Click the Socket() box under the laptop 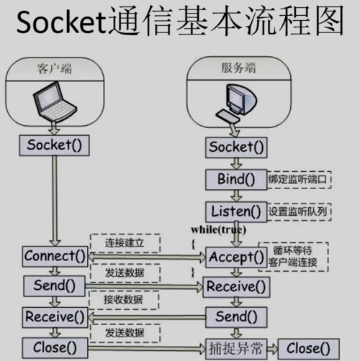tap(54, 145)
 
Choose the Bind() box tap(233, 179)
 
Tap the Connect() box tap(54, 255)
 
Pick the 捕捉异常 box tap(233, 349)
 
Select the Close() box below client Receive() tap(54, 348)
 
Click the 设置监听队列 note tap(297, 211)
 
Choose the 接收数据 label tap(123, 299)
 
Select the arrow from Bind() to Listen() tap(233, 195)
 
